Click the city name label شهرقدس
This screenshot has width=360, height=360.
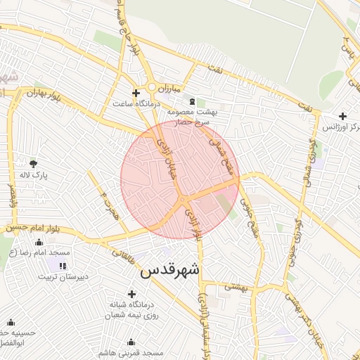[x=170, y=271]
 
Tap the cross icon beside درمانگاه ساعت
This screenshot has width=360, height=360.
[x=136, y=93]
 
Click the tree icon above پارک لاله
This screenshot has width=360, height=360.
[x=34, y=164]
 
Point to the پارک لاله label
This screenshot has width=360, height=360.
[x=33, y=175]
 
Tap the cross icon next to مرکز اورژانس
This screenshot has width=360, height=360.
[x=342, y=116]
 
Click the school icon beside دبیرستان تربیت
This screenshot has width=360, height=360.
[x=63, y=266]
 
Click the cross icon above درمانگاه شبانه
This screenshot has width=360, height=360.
[x=131, y=294]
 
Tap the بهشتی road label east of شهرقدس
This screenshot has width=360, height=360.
[x=238, y=287]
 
